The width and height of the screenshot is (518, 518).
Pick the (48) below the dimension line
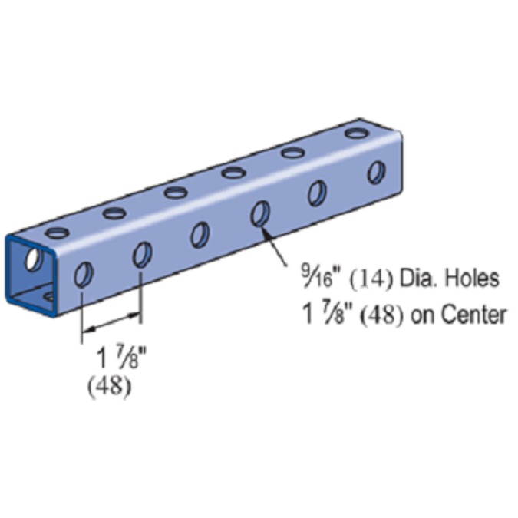click(110, 388)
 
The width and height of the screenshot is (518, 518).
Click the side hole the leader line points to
click(259, 213)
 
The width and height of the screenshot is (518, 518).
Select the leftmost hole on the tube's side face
click(84, 274)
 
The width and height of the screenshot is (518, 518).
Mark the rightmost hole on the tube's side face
click(375, 171)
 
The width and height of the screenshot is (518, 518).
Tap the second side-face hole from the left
click(142, 253)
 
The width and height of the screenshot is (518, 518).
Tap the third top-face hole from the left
click(174, 192)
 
